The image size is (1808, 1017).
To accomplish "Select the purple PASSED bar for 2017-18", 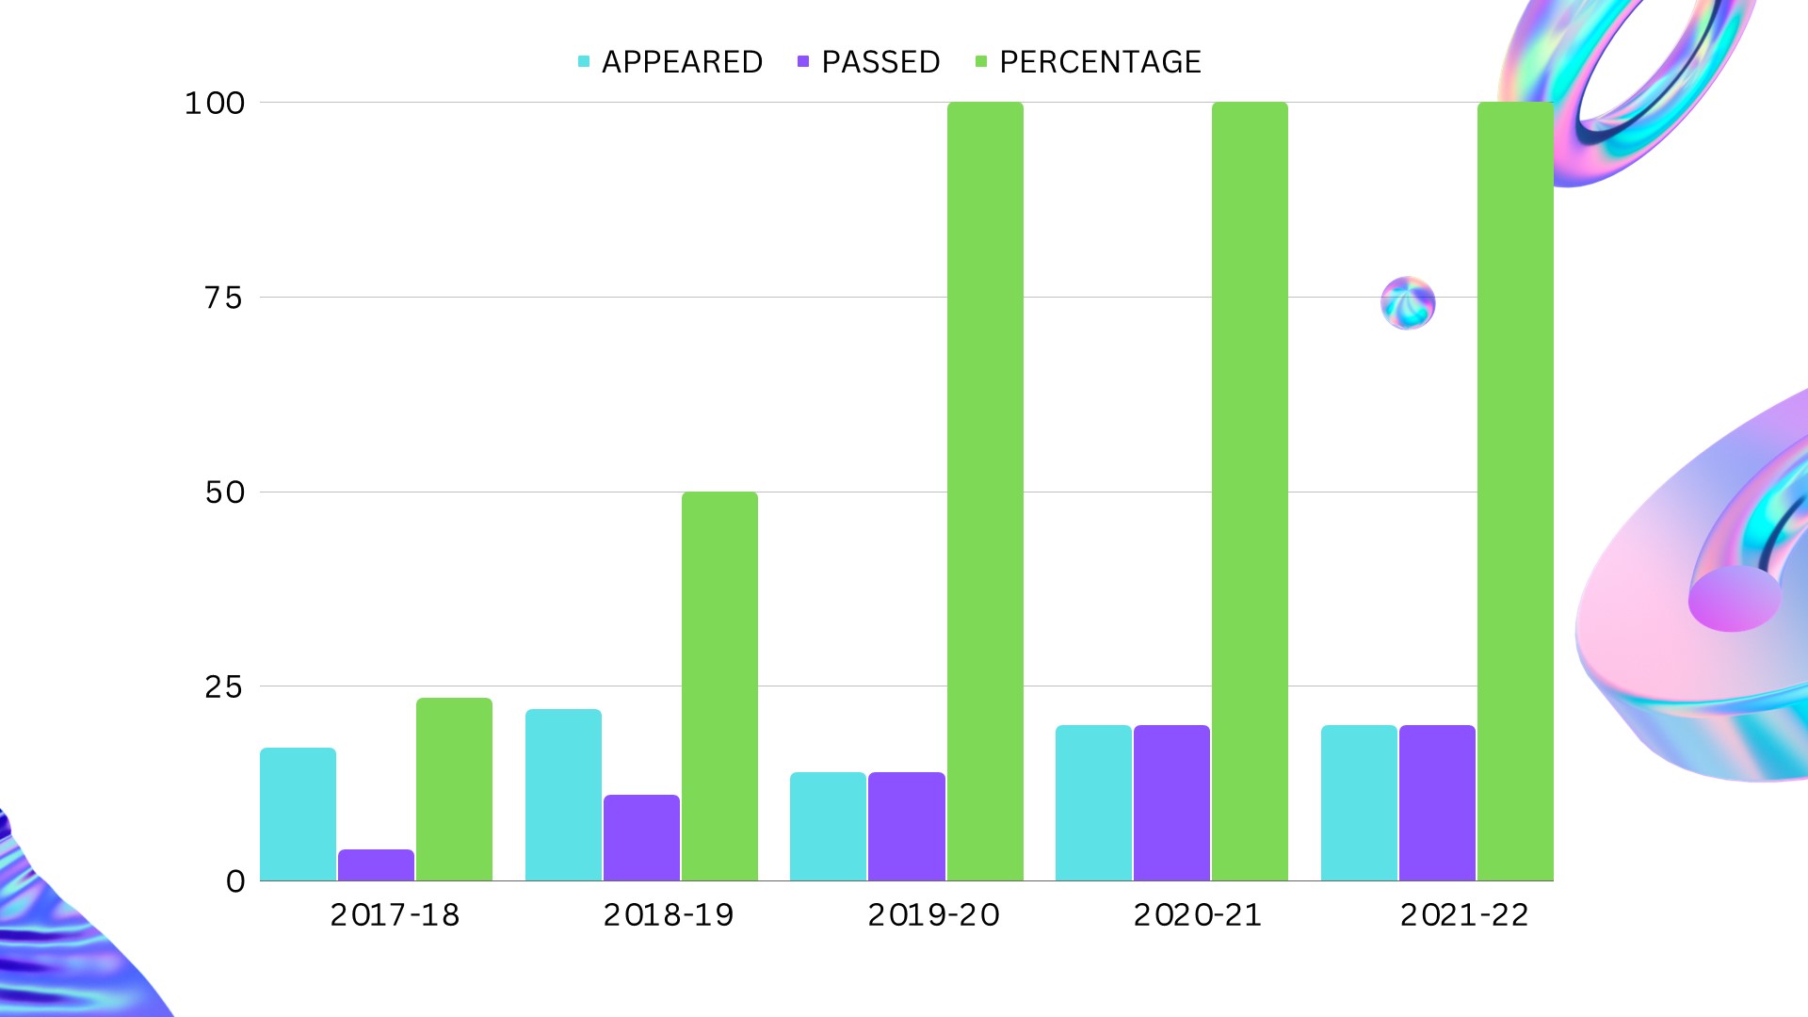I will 376,865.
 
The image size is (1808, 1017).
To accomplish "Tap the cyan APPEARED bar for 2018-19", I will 563,795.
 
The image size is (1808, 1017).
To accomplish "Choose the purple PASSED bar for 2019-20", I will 906,826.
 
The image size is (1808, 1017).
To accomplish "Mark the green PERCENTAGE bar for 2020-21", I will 1250,491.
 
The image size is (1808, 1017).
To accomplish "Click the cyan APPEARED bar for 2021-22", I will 1359,802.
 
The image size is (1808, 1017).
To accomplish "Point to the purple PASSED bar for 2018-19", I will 641,837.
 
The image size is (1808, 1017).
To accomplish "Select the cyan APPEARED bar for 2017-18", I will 298,814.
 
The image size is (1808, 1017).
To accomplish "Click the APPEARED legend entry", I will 670,62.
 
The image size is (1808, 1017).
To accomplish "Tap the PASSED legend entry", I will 869,62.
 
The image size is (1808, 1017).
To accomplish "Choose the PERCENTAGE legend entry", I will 1089,62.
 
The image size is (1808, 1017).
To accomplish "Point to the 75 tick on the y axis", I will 224,298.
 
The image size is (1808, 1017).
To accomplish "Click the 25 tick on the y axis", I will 224,686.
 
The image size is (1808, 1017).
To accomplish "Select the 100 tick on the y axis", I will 215,103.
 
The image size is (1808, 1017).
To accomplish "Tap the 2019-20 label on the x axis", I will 933,914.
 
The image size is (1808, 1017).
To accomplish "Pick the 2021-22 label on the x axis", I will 1464,914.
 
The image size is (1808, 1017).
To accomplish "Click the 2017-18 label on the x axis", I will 395,914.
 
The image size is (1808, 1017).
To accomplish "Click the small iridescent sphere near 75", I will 1408,303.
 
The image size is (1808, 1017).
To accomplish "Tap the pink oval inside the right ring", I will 1734,599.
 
